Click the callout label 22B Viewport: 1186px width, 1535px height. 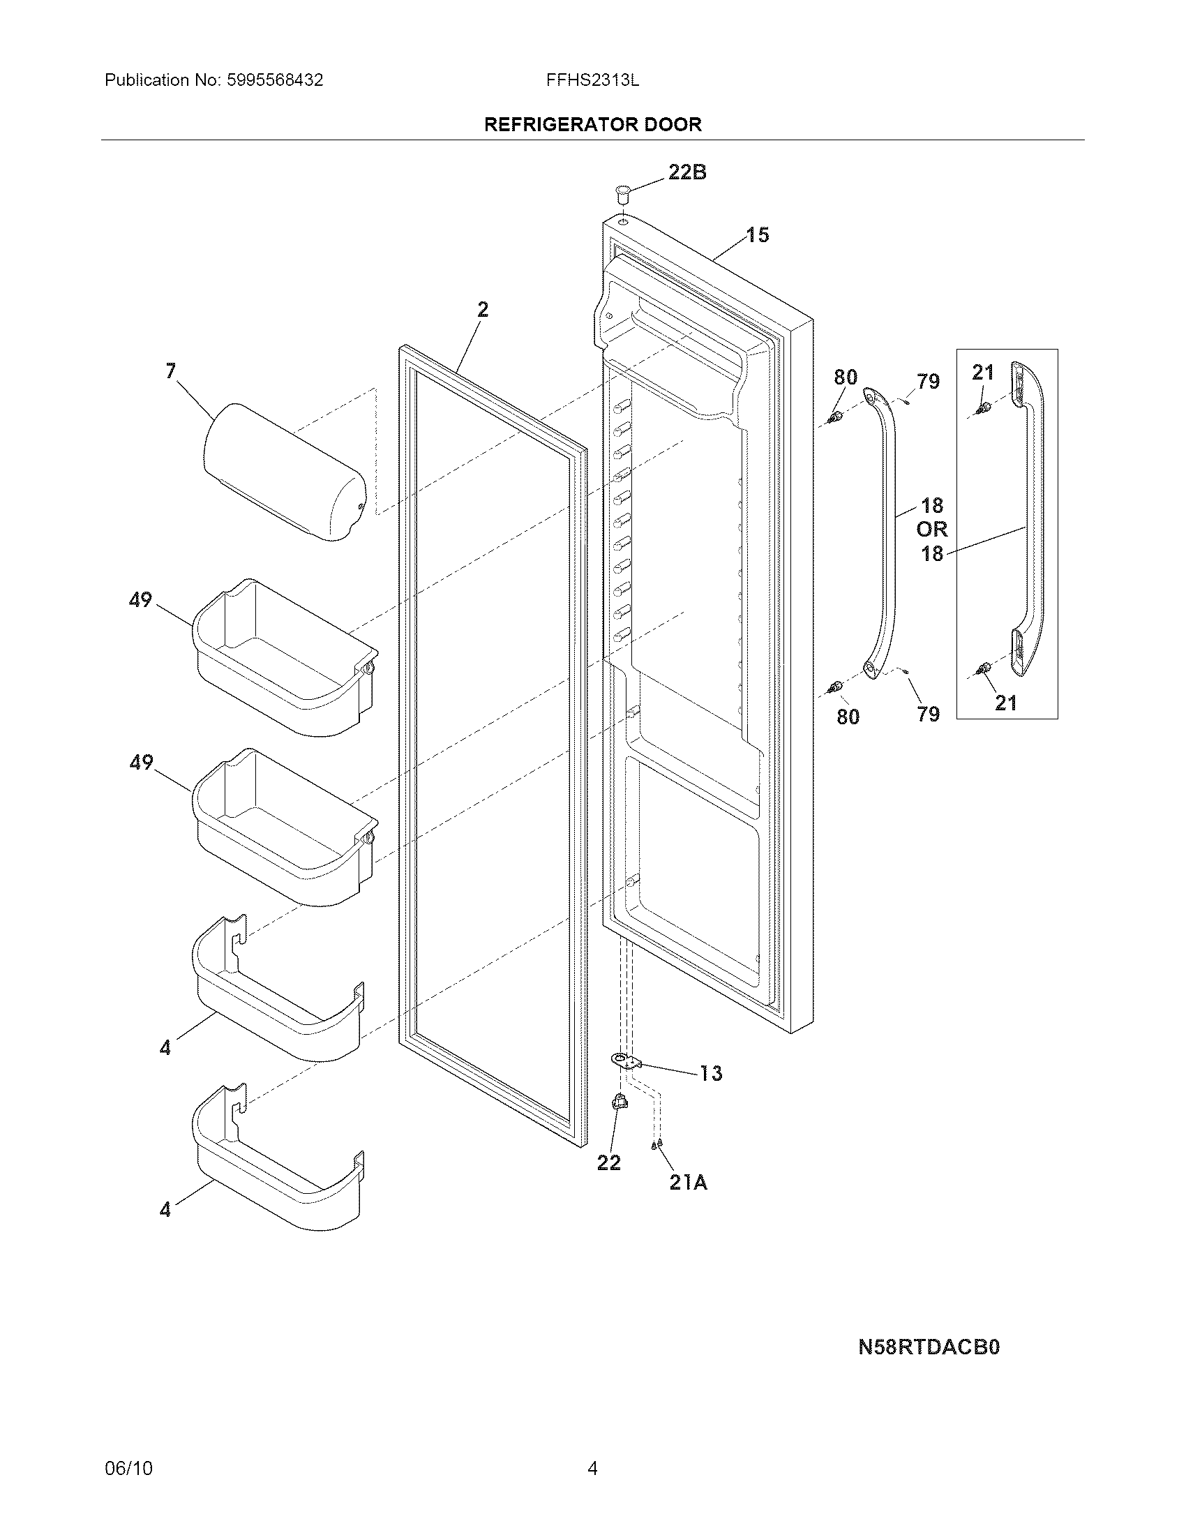[686, 172]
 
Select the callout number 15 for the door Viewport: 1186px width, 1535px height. [757, 234]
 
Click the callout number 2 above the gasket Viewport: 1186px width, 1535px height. [483, 309]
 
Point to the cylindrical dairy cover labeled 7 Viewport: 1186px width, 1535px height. [285, 472]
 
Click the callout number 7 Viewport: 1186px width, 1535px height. [171, 370]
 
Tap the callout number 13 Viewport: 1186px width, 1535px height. [710, 1093]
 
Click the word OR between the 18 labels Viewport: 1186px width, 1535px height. [931, 530]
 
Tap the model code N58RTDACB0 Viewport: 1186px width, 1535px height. [929, 1347]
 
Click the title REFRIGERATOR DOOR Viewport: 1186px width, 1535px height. [592, 124]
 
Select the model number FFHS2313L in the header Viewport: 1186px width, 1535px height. [592, 80]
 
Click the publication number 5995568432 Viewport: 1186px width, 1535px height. [275, 80]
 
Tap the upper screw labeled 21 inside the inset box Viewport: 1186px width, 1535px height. [984, 407]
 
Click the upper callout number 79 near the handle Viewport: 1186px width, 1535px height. [927, 382]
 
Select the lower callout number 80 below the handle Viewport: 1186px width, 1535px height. [848, 716]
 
